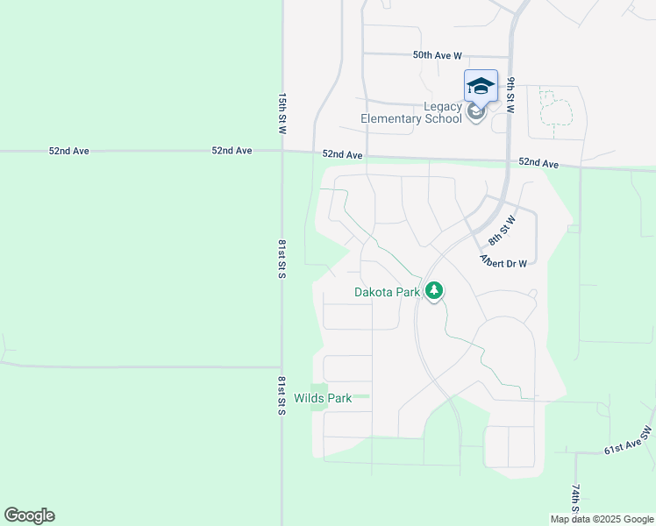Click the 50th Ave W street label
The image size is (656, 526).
click(x=437, y=55)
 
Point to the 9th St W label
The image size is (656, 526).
click(x=510, y=96)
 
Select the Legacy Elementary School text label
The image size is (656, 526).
click(x=411, y=113)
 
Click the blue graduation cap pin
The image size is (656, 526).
click(x=480, y=85)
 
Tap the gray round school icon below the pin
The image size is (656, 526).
click(x=476, y=111)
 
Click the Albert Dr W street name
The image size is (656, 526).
click(x=503, y=261)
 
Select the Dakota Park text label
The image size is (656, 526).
click(x=387, y=293)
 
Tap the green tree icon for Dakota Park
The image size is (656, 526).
click(x=433, y=291)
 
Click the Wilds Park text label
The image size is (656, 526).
click(x=323, y=399)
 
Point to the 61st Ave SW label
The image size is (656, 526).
click(x=629, y=441)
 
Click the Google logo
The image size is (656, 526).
click(x=29, y=515)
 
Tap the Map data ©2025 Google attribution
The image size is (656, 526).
click(x=601, y=519)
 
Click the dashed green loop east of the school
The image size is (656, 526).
click(x=553, y=109)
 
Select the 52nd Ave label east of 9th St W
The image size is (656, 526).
click(x=538, y=163)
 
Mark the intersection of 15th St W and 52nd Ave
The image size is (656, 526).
click(x=282, y=152)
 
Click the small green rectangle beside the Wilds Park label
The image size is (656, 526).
click(x=318, y=398)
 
